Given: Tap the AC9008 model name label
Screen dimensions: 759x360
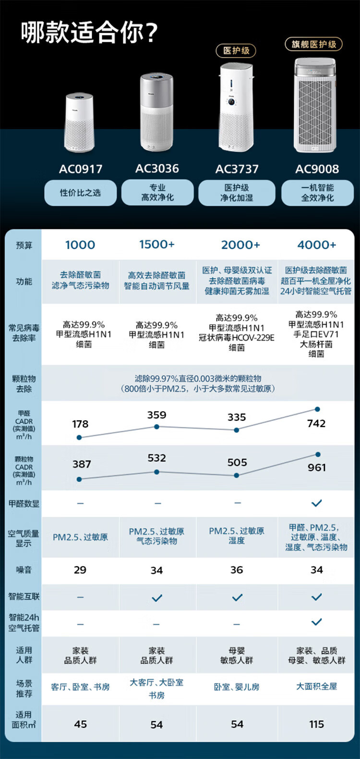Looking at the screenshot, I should (317, 169).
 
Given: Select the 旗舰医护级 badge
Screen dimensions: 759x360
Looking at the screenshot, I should (314, 44).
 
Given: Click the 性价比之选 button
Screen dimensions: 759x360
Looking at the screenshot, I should (80, 193).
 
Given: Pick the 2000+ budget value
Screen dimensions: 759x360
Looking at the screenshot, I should (240, 245).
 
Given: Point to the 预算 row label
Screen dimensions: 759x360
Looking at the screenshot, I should (24, 245).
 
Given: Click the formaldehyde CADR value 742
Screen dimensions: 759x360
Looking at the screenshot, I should (316, 423).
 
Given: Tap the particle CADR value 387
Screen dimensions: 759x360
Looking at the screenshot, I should (82, 464).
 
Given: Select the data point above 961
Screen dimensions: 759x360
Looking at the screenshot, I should (318, 454).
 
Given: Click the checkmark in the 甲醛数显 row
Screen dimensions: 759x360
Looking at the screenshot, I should (316, 503).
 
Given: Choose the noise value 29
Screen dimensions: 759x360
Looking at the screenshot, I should (80, 570).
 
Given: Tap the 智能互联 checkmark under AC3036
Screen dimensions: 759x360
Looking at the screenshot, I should (157, 598).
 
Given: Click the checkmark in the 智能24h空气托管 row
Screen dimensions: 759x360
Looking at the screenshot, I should (316, 622).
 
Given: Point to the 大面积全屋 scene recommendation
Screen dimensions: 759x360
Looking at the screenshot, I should (316, 686).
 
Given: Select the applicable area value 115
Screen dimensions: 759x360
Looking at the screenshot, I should (316, 724).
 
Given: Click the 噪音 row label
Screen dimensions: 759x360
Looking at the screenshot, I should (24, 570).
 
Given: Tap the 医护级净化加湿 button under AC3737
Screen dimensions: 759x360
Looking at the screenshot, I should (237, 193).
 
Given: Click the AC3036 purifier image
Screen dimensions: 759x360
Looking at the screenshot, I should (156, 113).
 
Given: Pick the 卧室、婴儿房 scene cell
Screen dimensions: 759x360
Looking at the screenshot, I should (237, 687).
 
